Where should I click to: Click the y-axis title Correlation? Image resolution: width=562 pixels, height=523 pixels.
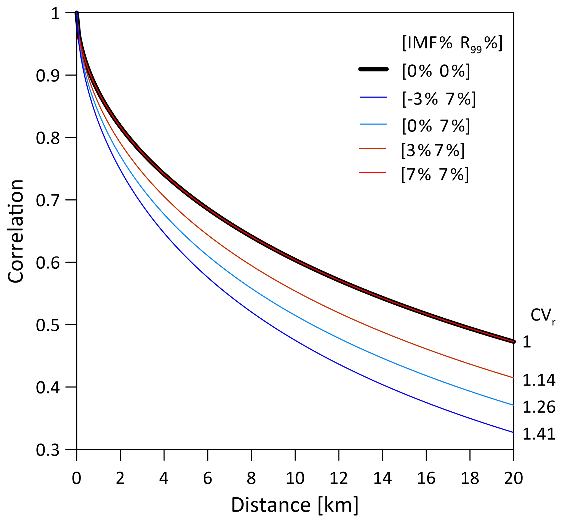coord(16,231)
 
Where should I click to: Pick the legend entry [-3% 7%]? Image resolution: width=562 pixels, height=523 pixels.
coord(439,99)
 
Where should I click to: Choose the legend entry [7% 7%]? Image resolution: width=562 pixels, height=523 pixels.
coord(435,174)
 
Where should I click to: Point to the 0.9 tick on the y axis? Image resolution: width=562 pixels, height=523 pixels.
coord(48,76)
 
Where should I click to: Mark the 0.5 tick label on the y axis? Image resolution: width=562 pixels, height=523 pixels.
coord(48,325)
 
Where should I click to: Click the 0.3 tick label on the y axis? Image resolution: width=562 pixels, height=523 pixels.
coord(48,450)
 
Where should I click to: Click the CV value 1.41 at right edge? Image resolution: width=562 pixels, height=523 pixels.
coord(539,434)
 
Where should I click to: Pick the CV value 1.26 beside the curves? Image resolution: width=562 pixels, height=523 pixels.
coord(539,407)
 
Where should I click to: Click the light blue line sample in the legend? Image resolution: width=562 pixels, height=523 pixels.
coord(373,124)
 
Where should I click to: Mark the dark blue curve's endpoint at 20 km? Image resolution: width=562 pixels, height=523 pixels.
coord(513,432)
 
